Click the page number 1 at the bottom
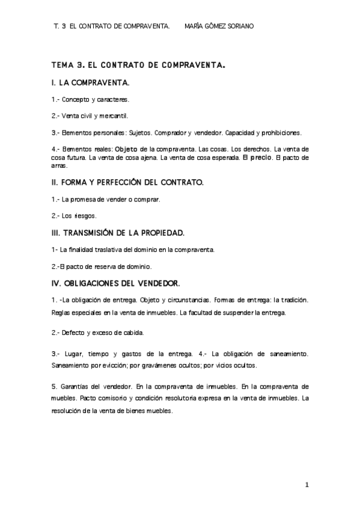[x=307, y=485]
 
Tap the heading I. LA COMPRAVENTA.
[x=91, y=82]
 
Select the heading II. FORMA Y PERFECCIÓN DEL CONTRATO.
[x=128, y=181]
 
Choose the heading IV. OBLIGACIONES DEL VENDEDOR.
[x=117, y=283]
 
